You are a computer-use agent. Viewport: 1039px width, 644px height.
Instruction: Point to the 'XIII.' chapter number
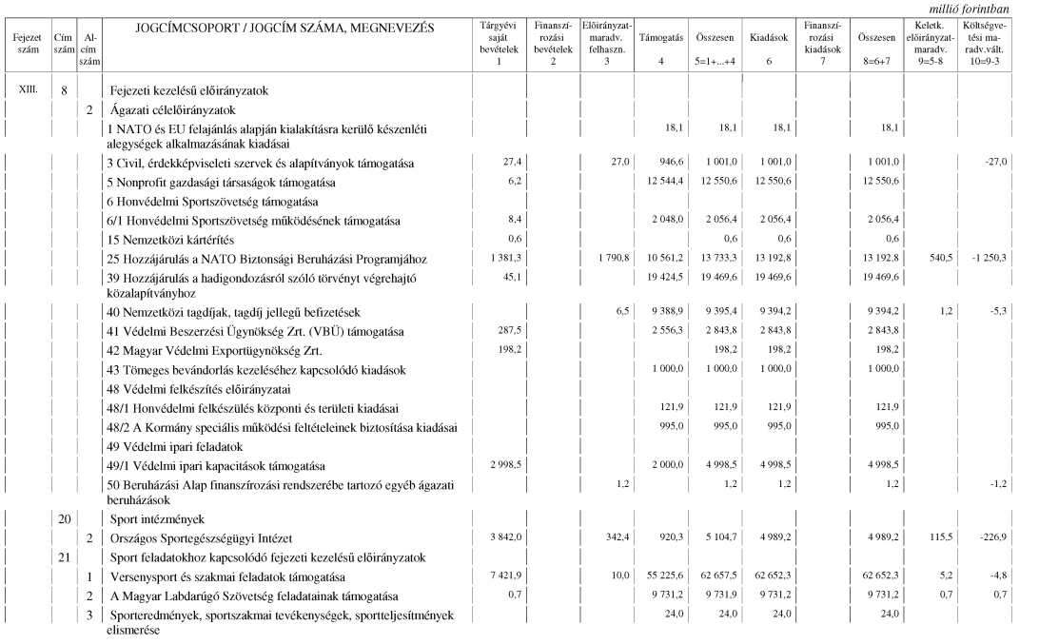pyautogui.click(x=29, y=90)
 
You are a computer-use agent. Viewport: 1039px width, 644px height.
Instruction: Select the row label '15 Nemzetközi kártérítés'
pyautogui.click(x=170, y=238)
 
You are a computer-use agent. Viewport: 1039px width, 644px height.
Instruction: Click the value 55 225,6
pyautogui.click(x=662, y=576)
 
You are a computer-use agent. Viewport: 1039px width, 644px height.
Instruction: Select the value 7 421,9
pyautogui.click(x=504, y=576)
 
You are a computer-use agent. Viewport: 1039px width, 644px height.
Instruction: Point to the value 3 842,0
pyautogui.click(x=504, y=537)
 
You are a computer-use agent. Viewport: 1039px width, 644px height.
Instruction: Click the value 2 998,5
pyautogui.click(x=504, y=466)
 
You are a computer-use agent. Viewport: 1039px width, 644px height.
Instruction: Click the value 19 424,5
pyautogui.click(x=662, y=278)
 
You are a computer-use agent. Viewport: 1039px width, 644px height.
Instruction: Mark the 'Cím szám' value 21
pyautogui.click(x=65, y=556)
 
